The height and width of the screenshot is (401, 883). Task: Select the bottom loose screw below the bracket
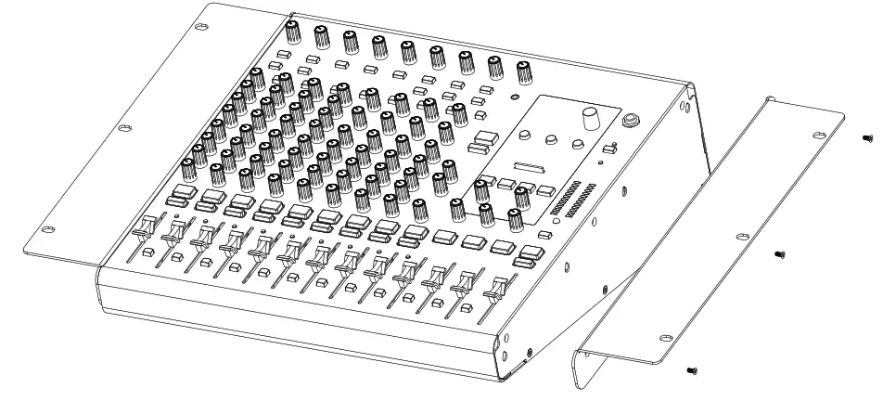pyautogui.click(x=691, y=370)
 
